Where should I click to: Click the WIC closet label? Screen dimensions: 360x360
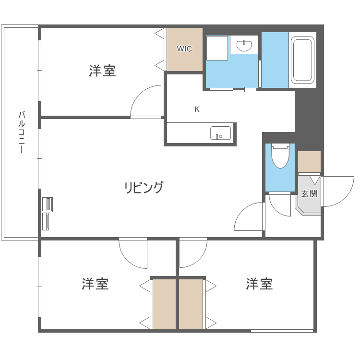184,49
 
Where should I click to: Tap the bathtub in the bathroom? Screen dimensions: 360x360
302,60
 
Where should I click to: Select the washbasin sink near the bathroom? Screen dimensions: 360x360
245,46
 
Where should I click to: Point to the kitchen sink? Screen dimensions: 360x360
220,133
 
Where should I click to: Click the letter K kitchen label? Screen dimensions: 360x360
197,109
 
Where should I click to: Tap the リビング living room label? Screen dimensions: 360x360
144,187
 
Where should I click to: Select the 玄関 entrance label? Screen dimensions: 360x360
309,194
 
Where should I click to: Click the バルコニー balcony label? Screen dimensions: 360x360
21,132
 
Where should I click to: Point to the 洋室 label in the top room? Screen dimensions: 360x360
102,71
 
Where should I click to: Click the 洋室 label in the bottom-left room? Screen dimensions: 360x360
95,284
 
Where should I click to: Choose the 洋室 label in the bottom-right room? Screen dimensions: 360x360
259,284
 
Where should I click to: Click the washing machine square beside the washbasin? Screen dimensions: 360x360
217,48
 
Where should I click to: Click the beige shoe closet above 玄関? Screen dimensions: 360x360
309,162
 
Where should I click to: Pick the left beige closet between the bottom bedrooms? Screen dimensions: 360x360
164,304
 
